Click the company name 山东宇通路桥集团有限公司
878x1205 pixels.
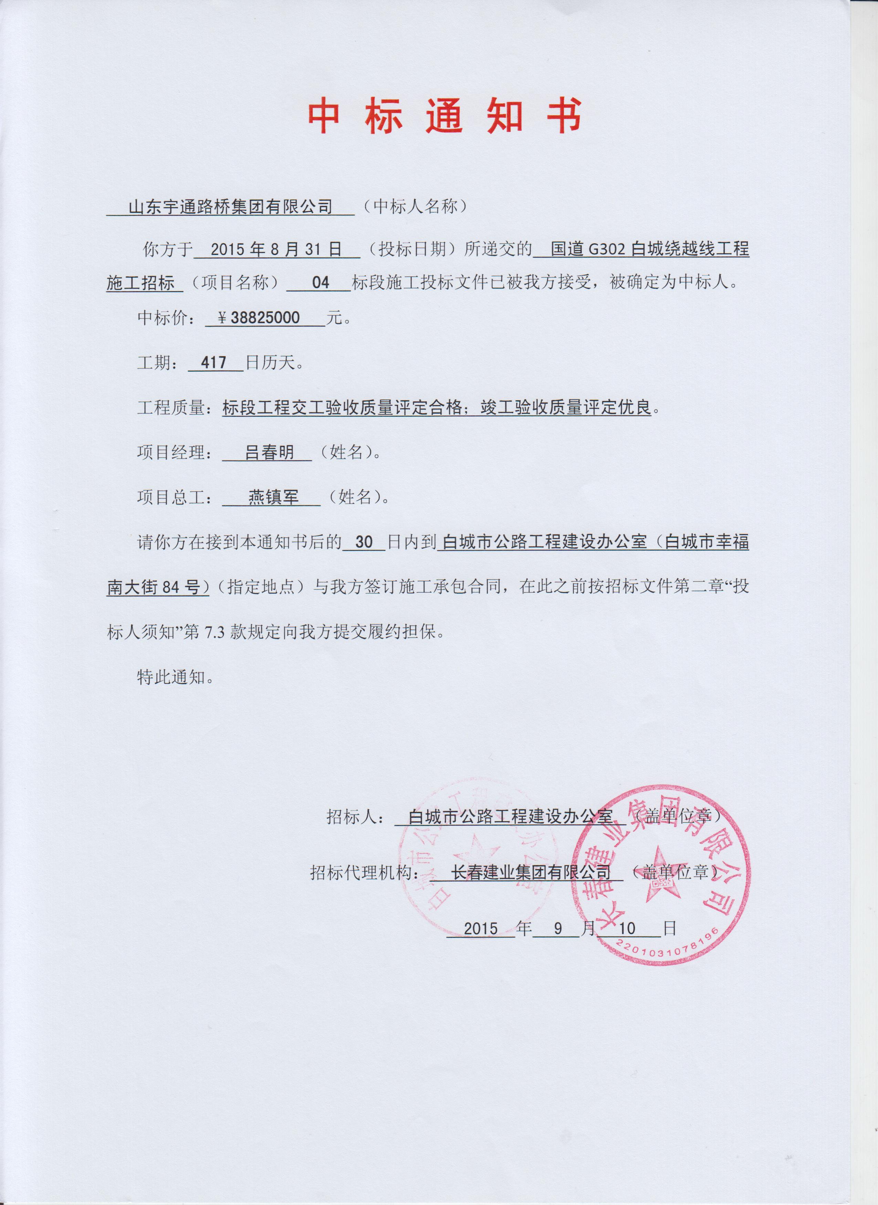(230, 206)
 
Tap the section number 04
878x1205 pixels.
(321, 283)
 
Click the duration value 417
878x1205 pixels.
(214, 362)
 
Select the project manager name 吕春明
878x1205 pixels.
(269, 452)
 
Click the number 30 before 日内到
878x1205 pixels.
(364, 542)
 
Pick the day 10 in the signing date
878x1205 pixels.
(627, 928)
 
